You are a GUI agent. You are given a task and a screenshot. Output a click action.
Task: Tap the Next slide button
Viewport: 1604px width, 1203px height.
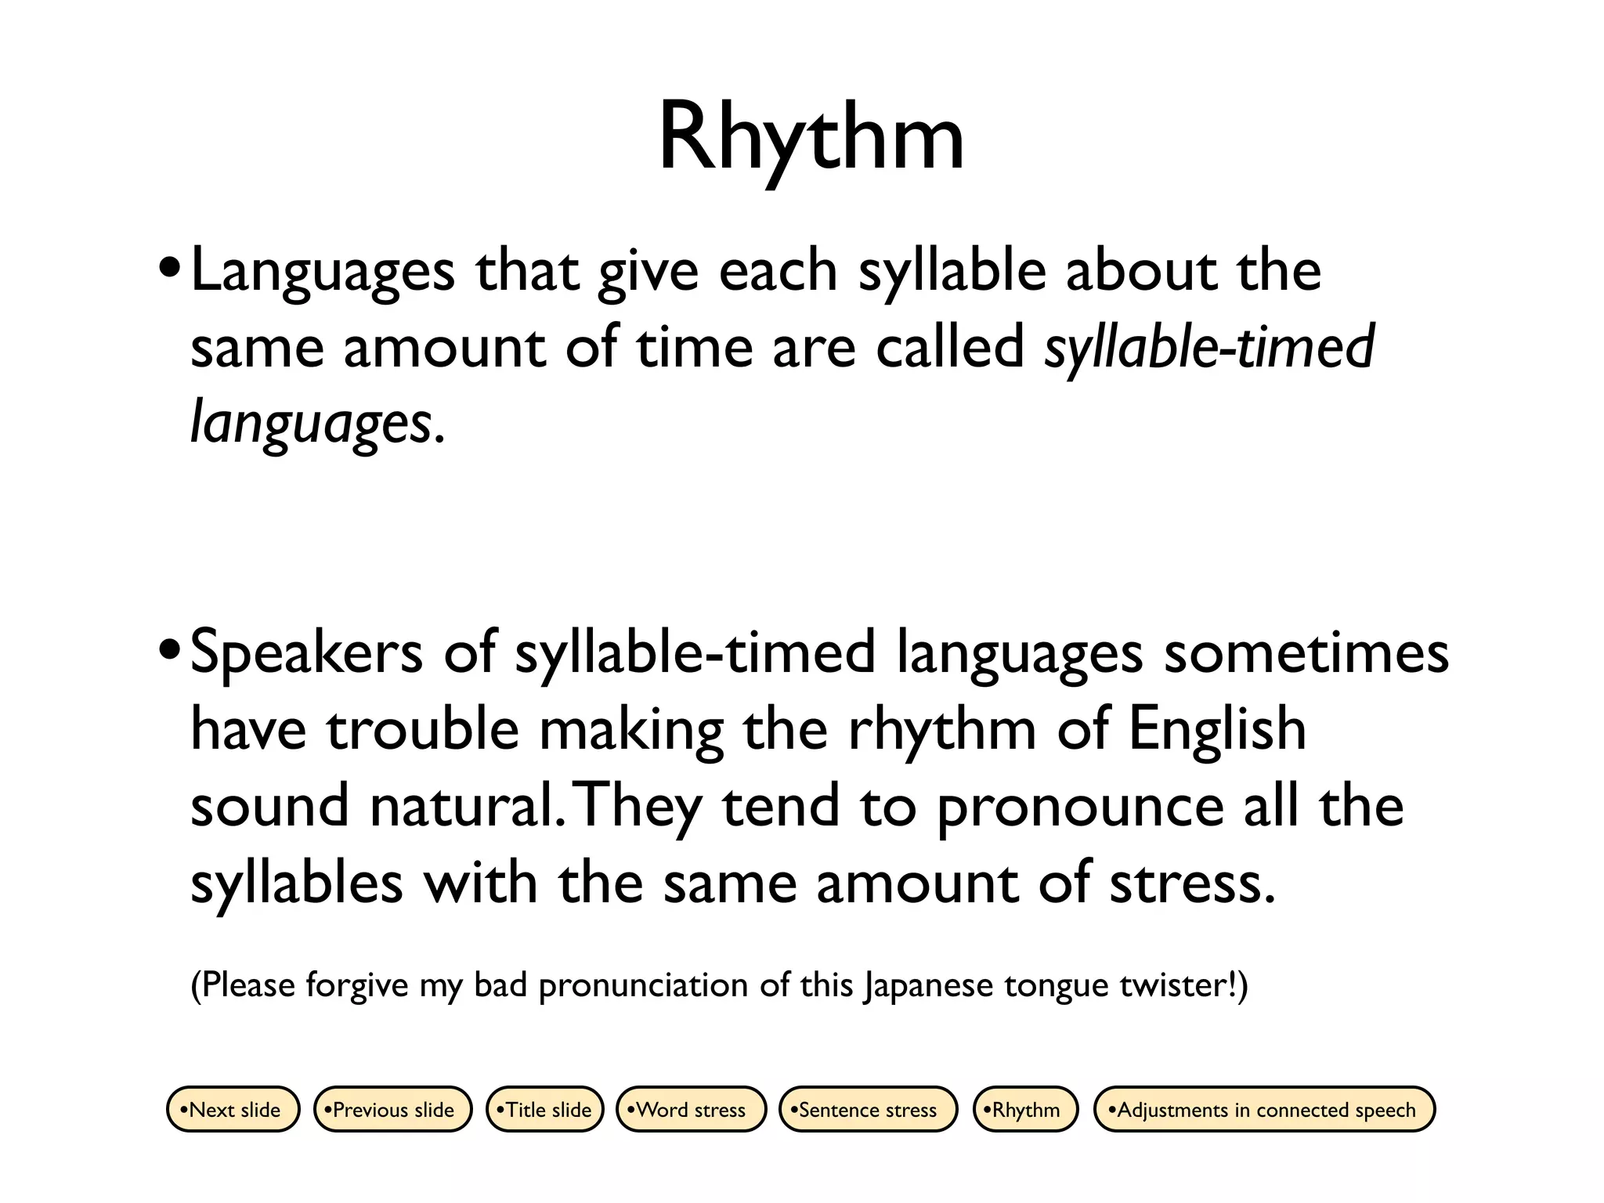point(233,1109)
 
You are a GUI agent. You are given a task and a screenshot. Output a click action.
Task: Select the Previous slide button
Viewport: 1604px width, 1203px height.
point(392,1109)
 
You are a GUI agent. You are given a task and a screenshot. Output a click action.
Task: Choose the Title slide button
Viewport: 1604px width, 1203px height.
point(545,1109)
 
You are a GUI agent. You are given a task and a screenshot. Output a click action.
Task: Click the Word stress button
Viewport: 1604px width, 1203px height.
point(690,1109)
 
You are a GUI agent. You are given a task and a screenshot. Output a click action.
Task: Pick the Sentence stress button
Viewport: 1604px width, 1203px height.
point(867,1109)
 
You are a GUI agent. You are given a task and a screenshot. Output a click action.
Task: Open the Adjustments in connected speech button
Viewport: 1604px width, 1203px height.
point(1263,1109)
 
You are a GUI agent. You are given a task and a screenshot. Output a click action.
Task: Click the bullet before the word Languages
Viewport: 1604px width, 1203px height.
point(168,271)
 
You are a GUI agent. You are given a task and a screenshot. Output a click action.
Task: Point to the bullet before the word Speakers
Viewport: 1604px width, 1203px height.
point(168,652)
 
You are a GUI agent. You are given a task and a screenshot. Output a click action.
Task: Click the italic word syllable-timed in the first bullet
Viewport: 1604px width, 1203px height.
point(1208,347)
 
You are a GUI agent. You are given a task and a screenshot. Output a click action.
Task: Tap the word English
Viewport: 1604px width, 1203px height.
point(1216,728)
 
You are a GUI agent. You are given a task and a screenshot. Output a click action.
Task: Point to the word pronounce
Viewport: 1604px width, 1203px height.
point(1079,806)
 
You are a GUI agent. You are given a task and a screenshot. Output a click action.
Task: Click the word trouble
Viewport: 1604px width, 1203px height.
point(422,728)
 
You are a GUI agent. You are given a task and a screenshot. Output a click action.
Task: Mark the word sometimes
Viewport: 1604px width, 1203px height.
point(1306,652)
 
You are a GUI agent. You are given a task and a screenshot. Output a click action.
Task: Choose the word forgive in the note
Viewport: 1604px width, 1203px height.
point(356,984)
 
